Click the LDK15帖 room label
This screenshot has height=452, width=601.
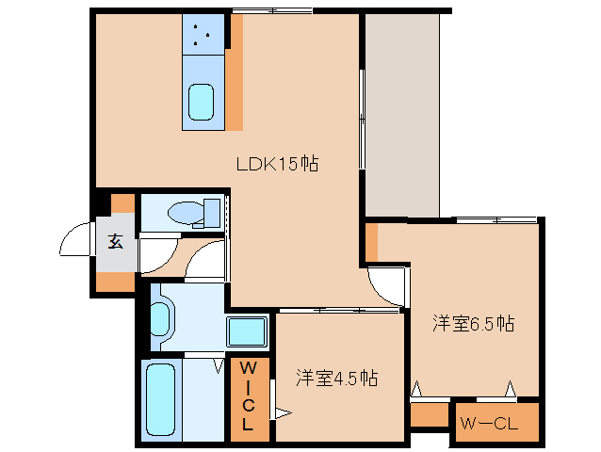click(277, 164)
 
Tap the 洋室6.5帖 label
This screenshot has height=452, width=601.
click(473, 324)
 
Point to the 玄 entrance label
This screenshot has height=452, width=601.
click(115, 241)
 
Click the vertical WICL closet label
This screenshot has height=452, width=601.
click(249, 395)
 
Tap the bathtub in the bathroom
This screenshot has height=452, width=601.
click(161, 400)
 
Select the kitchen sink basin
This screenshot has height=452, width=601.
click(203, 102)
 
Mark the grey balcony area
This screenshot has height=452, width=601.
click(401, 113)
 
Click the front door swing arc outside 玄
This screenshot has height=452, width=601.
click(77, 244)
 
